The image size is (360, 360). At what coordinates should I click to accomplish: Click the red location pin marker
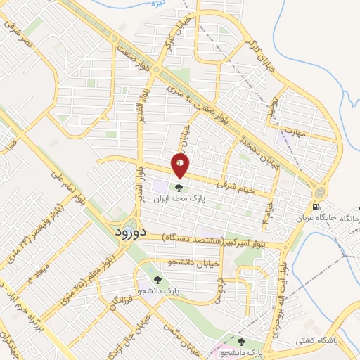[180, 167]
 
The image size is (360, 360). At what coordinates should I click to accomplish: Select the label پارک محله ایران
[179, 199]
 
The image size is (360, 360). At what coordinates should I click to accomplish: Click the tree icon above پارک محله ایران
[179, 188]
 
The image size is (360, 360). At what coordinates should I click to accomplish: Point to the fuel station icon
[315, 207]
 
